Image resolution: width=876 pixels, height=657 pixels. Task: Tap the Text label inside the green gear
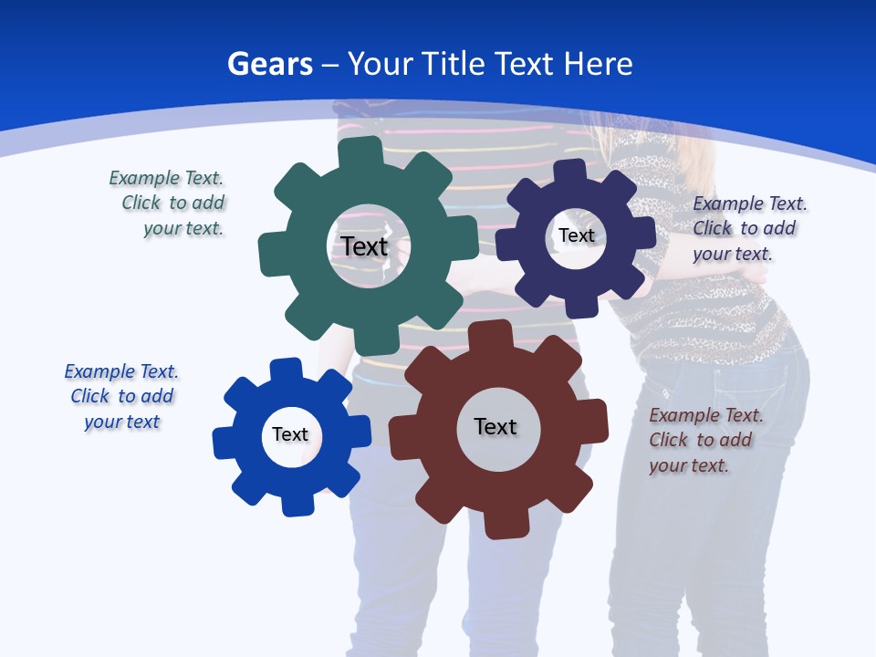point(365,246)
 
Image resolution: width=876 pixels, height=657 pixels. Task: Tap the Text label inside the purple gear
point(577,235)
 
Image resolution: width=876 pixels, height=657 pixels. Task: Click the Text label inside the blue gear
point(290,434)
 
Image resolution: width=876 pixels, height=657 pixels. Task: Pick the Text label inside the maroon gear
point(495,426)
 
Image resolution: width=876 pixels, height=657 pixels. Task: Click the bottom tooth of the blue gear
point(297,504)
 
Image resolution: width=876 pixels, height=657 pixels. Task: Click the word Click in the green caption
point(141,203)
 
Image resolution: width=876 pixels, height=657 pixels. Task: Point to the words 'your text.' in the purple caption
point(733,255)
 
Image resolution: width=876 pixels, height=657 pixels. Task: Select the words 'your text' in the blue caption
point(122,422)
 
